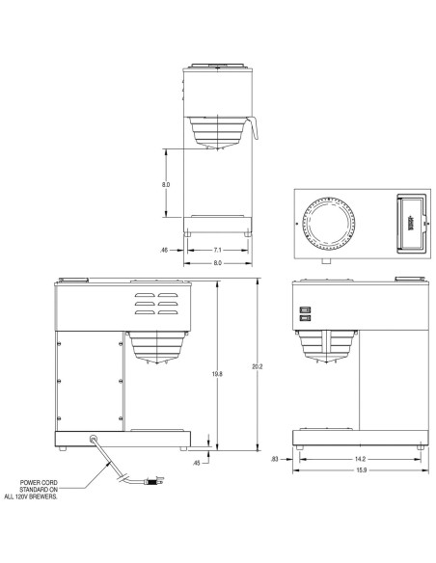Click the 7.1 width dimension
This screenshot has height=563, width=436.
click(217, 250)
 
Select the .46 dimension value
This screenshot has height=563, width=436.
click(166, 250)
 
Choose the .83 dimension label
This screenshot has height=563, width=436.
click(275, 458)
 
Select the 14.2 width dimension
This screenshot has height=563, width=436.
click(359, 458)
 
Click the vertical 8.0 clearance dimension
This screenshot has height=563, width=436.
click(166, 184)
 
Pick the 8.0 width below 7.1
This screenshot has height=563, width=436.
click(217, 262)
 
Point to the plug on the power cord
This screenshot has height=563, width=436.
click(153, 479)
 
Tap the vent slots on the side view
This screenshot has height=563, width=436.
click(155, 304)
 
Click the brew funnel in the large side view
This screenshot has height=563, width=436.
click(152, 347)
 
